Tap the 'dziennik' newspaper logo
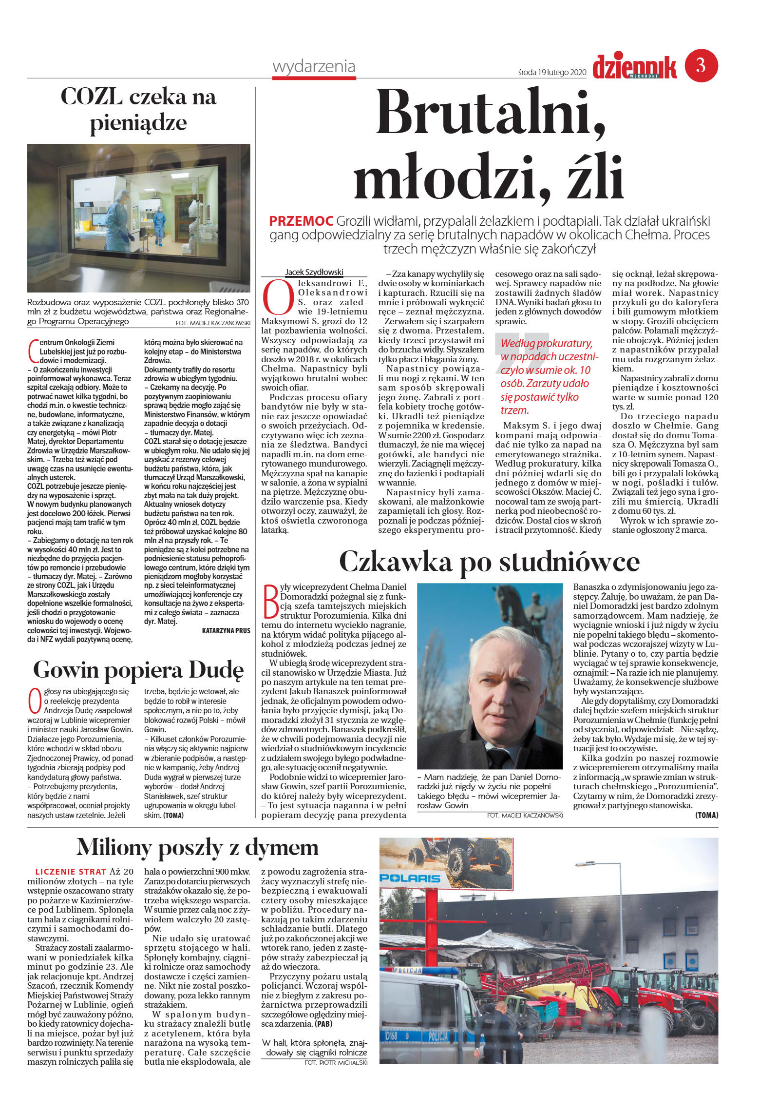pyautogui.click(x=634, y=67)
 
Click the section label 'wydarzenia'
pyautogui.click(x=314, y=66)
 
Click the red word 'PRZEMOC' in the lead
pyautogui.click(x=301, y=221)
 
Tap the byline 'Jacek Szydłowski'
pyautogui.click(x=314, y=273)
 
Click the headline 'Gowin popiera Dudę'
pyautogui.click(x=138, y=670)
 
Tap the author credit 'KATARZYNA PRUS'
pyautogui.click(x=226, y=630)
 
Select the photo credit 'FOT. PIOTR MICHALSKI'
pyautogui.click(x=336, y=1062)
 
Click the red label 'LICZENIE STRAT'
pyautogui.click(x=71, y=871)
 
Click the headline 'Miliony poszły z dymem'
pyautogui.click(x=197, y=847)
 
